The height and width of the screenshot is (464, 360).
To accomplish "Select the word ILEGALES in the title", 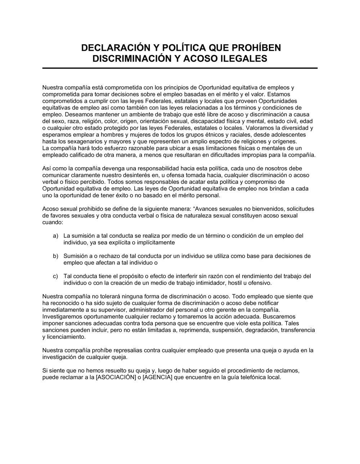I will point(244,59).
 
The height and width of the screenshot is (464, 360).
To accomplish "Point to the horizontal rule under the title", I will point(180,68).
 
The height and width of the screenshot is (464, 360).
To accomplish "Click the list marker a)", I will point(55,236).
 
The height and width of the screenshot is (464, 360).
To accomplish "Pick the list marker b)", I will point(55,256).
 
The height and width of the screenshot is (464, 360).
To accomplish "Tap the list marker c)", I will point(55,276).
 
